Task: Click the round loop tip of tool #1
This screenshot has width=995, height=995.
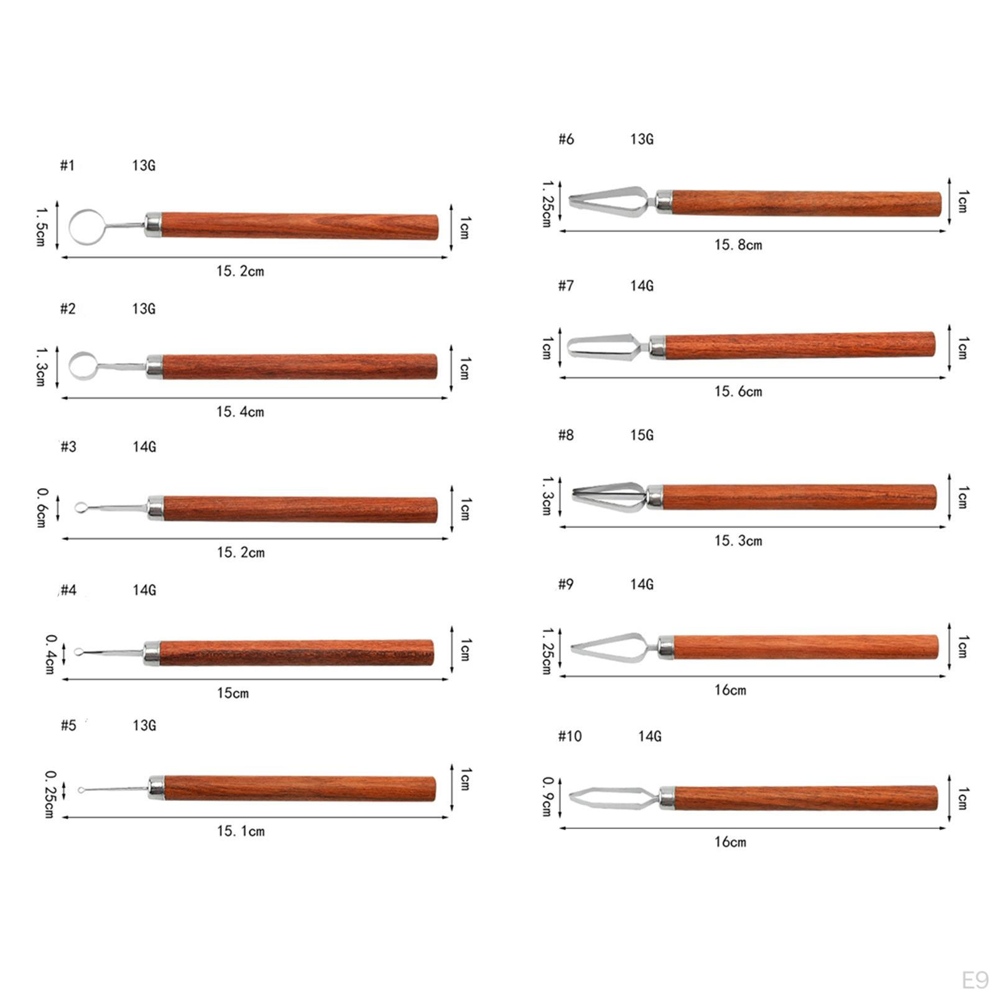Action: [x=70, y=227]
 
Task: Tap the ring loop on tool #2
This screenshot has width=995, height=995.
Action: [x=70, y=366]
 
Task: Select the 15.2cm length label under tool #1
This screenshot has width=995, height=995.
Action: [x=240, y=271]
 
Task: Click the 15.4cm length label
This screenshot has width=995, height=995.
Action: [x=240, y=412]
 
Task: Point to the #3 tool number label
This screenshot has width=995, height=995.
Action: [x=68, y=447]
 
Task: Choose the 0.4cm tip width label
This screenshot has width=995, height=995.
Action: [x=50, y=654]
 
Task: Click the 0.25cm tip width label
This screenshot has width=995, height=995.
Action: [x=50, y=794]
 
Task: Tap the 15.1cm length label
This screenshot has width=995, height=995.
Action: [x=241, y=831]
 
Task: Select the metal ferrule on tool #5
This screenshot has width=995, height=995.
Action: [x=156, y=787]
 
